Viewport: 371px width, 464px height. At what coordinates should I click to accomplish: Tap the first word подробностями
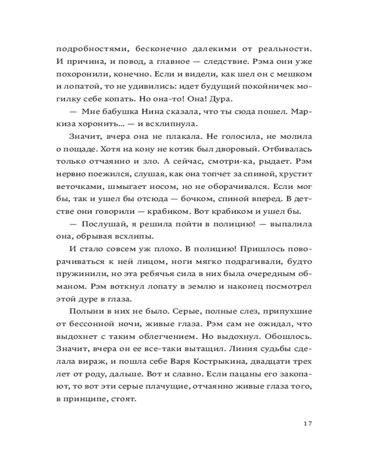tap(87, 48)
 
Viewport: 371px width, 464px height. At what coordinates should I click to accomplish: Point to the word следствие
tap(227, 61)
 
